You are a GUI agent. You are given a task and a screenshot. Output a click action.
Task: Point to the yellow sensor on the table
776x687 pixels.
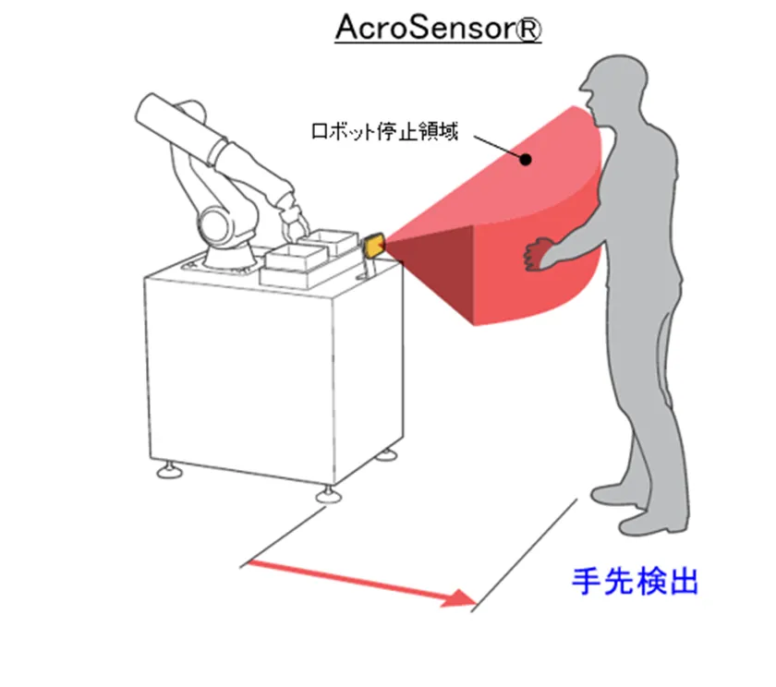tap(374, 246)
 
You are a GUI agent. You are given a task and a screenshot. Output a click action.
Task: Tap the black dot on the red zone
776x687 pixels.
tap(526, 159)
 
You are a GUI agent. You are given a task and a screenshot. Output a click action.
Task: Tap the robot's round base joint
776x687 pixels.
tap(216, 223)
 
